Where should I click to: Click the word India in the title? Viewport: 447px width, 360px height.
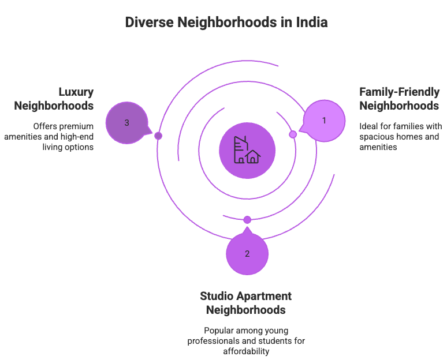[311, 23]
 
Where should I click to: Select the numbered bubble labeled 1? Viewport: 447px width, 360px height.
[325, 121]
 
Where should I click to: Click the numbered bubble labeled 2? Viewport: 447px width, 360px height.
[247, 254]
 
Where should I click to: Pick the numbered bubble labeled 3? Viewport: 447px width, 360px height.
[126, 123]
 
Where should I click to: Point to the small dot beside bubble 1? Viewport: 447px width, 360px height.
[293, 134]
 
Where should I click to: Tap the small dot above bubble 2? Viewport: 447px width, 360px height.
[247, 220]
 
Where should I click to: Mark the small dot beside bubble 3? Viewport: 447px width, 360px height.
[158, 136]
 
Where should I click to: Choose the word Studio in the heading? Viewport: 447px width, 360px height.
[217, 296]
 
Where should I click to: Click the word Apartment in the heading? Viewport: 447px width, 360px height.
[265, 296]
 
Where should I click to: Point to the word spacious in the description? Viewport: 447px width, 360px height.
[375, 137]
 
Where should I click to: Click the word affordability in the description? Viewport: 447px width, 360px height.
[246, 351]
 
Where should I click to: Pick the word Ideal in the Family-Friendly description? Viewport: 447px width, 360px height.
[369, 126]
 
